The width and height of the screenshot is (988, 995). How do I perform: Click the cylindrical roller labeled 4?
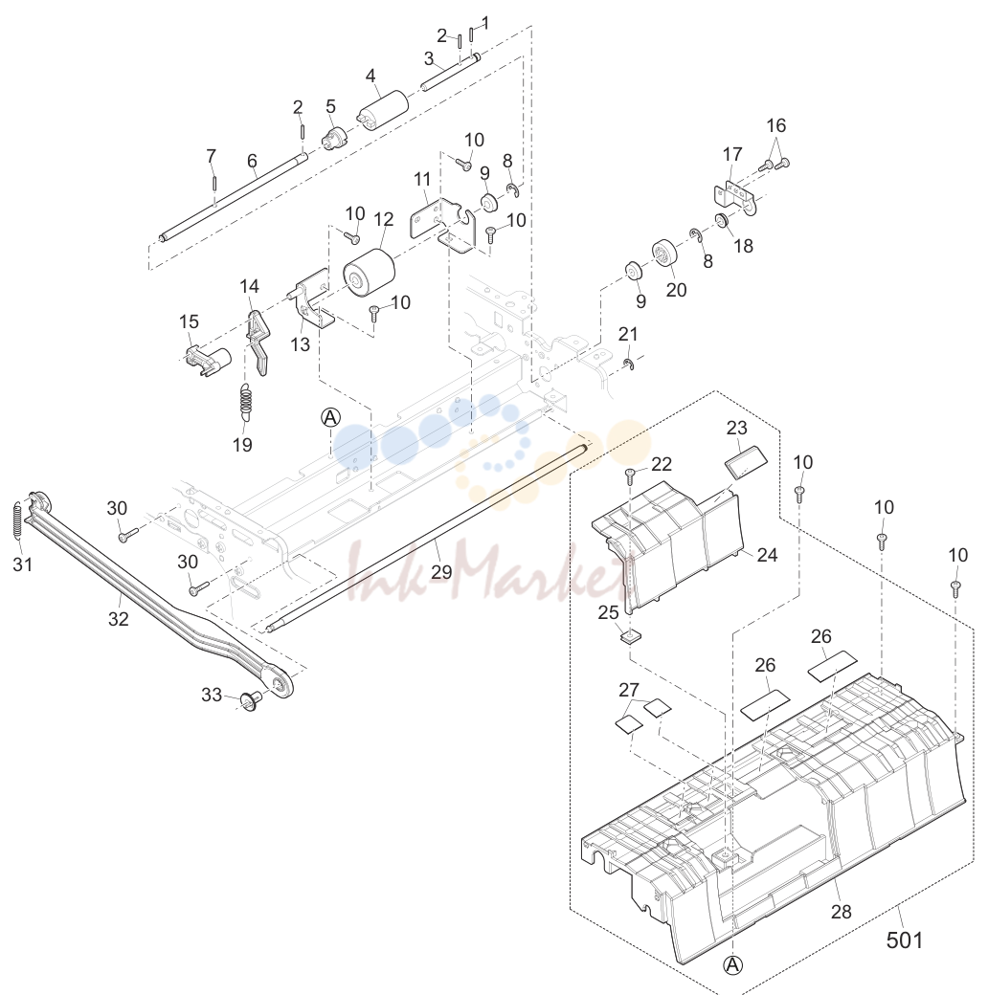(382, 110)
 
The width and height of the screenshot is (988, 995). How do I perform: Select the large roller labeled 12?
(369, 273)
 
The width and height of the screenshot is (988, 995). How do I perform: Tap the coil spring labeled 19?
(246, 402)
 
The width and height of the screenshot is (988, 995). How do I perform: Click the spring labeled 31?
(18, 520)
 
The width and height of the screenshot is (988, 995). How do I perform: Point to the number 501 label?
(904, 940)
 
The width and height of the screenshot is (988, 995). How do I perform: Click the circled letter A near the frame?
(330, 417)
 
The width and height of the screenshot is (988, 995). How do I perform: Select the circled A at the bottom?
(732, 965)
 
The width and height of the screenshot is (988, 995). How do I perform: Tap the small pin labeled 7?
(215, 182)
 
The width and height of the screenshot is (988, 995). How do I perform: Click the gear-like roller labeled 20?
(664, 255)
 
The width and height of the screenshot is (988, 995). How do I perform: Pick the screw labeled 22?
(630, 475)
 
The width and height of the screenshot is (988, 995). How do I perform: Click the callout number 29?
(441, 571)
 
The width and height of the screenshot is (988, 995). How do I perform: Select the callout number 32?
(119, 618)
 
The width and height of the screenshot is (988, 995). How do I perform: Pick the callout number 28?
(841, 911)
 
